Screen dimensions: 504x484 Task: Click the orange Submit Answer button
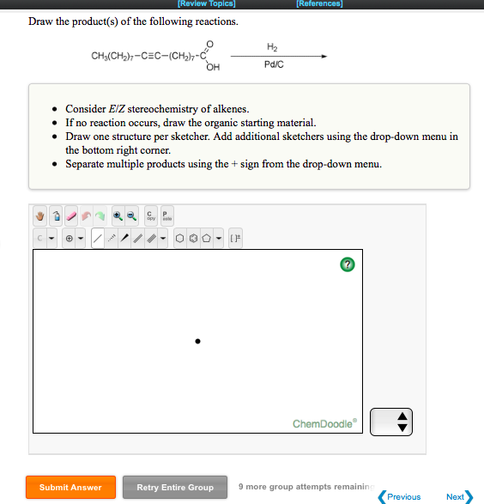[x=70, y=487]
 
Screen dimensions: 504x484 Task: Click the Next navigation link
[x=458, y=496]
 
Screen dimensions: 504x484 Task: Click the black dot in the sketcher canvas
[x=197, y=341]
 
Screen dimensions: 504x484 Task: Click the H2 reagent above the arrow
[x=273, y=46]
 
